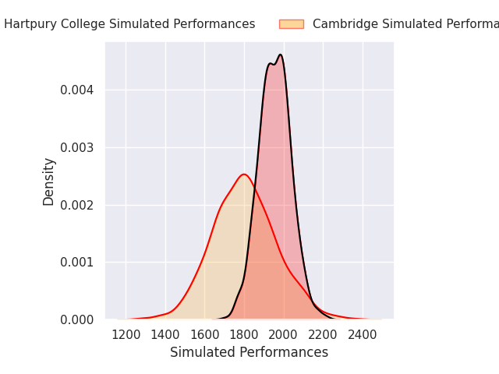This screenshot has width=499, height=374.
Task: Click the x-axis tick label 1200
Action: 126,335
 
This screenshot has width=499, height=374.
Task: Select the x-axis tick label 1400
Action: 165,335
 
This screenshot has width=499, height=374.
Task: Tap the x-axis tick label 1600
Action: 204,335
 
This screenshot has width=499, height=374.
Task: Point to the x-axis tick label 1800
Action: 244,335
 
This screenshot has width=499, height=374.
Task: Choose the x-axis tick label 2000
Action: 284,335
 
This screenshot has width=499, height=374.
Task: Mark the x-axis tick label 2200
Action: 323,335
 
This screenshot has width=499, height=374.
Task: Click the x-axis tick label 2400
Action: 363,335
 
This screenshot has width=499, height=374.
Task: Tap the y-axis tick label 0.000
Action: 77,319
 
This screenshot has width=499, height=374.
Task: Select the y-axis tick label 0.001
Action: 77,263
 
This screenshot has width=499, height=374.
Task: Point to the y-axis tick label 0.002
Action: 77,205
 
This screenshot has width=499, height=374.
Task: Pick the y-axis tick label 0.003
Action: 77,147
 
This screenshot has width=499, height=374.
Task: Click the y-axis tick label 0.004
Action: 77,90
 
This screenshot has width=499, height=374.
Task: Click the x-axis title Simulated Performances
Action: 249,352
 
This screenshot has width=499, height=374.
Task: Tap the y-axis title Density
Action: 49,182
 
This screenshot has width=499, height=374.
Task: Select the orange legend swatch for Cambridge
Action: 291,24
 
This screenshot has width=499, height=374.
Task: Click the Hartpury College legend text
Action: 129,24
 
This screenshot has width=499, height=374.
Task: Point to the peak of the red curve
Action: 244,174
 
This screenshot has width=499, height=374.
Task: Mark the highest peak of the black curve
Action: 280,55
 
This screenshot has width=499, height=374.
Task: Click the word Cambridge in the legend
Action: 344,24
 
